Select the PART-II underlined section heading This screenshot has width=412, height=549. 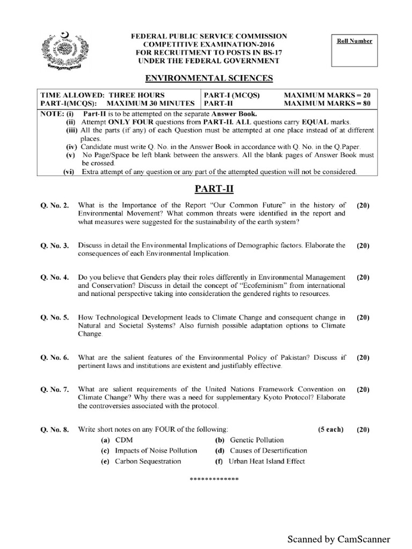tap(209, 189)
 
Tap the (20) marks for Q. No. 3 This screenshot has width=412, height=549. tap(363, 246)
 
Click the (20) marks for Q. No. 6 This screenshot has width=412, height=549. tap(363, 357)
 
